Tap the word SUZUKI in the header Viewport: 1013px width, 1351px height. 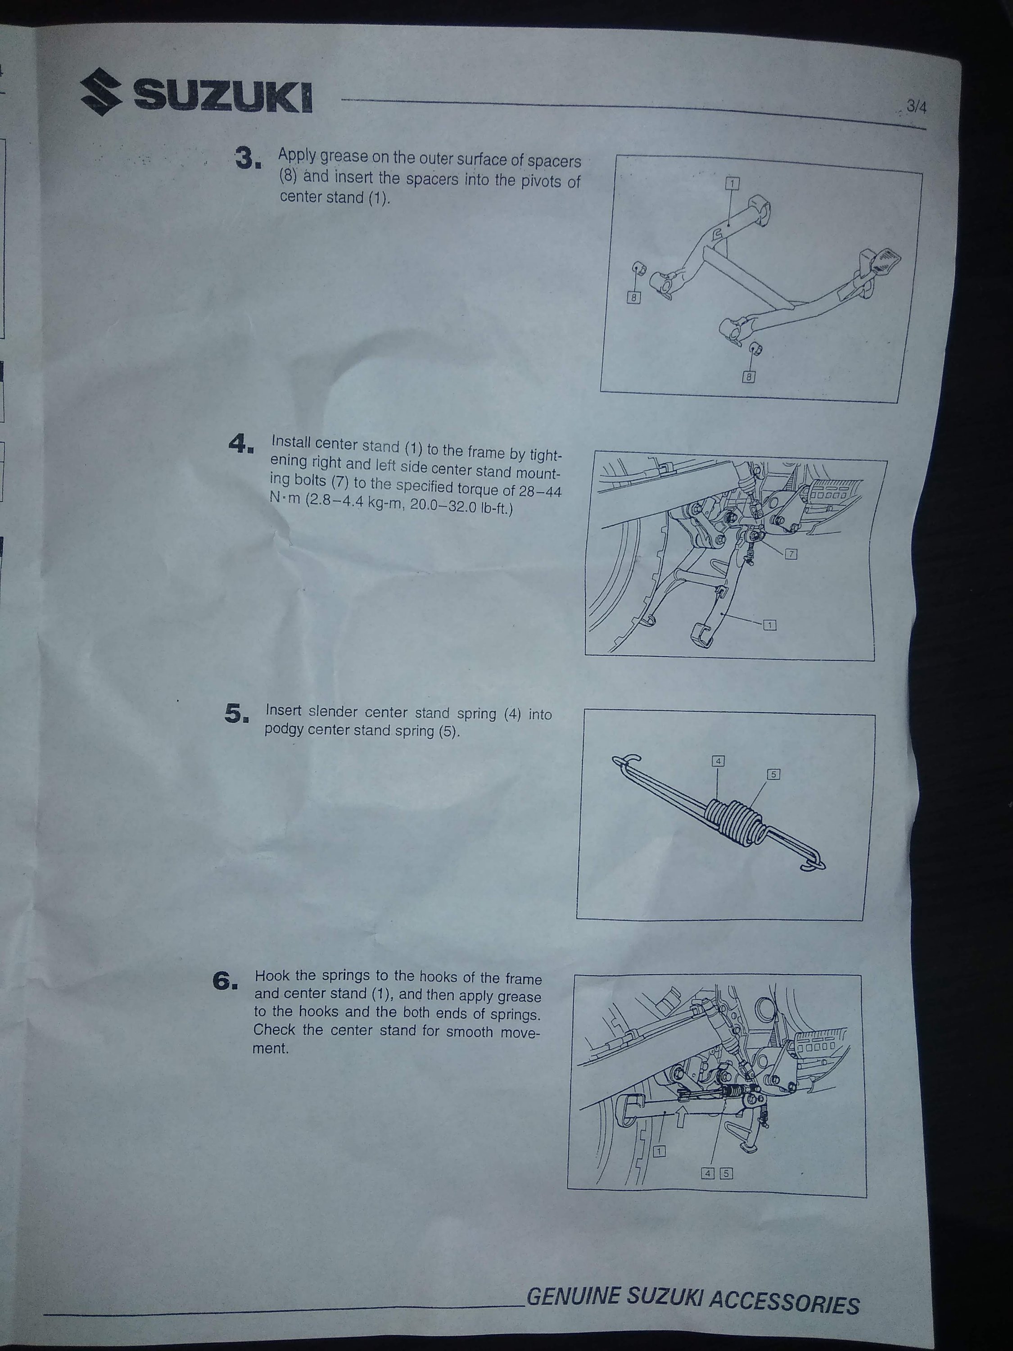[222, 96]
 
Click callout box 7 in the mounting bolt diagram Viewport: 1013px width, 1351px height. [791, 554]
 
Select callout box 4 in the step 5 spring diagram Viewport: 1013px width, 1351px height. [718, 761]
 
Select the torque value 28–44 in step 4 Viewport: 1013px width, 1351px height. [540, 492]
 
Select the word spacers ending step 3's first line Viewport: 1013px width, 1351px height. [554, 161]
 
